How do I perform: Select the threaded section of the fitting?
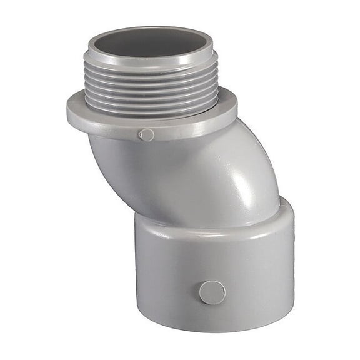pyautogui.click(x=153, y=87)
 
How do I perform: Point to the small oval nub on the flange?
pyautogui.click(x=146, y=134)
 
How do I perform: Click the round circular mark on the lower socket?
pyautogui.click(x=212, y=292)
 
